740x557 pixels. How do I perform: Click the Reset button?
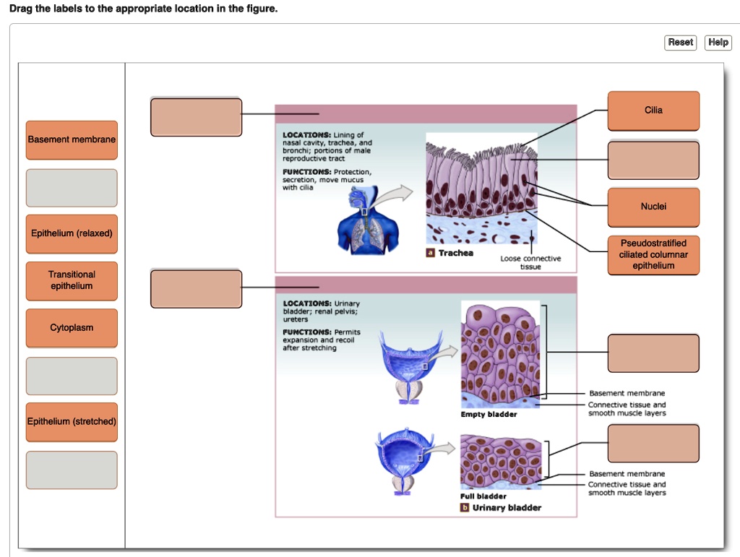[x=680, y=43]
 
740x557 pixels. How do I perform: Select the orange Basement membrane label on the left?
[x=72, y=139]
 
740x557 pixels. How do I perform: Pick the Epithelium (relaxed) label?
[x=72, y=233]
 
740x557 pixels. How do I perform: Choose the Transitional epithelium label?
[x=72, y=280]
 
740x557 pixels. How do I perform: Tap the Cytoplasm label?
[x=72, y=328]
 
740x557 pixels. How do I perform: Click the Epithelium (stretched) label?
[x=72, y=422]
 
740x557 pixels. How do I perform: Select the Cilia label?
[x=653, y=111]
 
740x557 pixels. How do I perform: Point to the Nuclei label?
[x=653, y=207]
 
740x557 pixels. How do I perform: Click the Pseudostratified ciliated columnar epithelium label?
[x=653, y=254]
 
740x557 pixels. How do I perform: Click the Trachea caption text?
[x=455, y=253]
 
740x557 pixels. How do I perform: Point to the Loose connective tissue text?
[x=530, y=262]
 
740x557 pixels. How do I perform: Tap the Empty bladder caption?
[x=489, y=415]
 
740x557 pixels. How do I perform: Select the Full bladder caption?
[x=483, y=496]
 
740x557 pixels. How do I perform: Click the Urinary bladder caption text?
[x=507, y=508]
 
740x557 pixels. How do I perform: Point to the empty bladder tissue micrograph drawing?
[x=500, y=354]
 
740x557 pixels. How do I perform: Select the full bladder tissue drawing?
[x=500, y=462]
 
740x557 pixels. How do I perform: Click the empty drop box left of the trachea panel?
[x=196, y=117]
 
